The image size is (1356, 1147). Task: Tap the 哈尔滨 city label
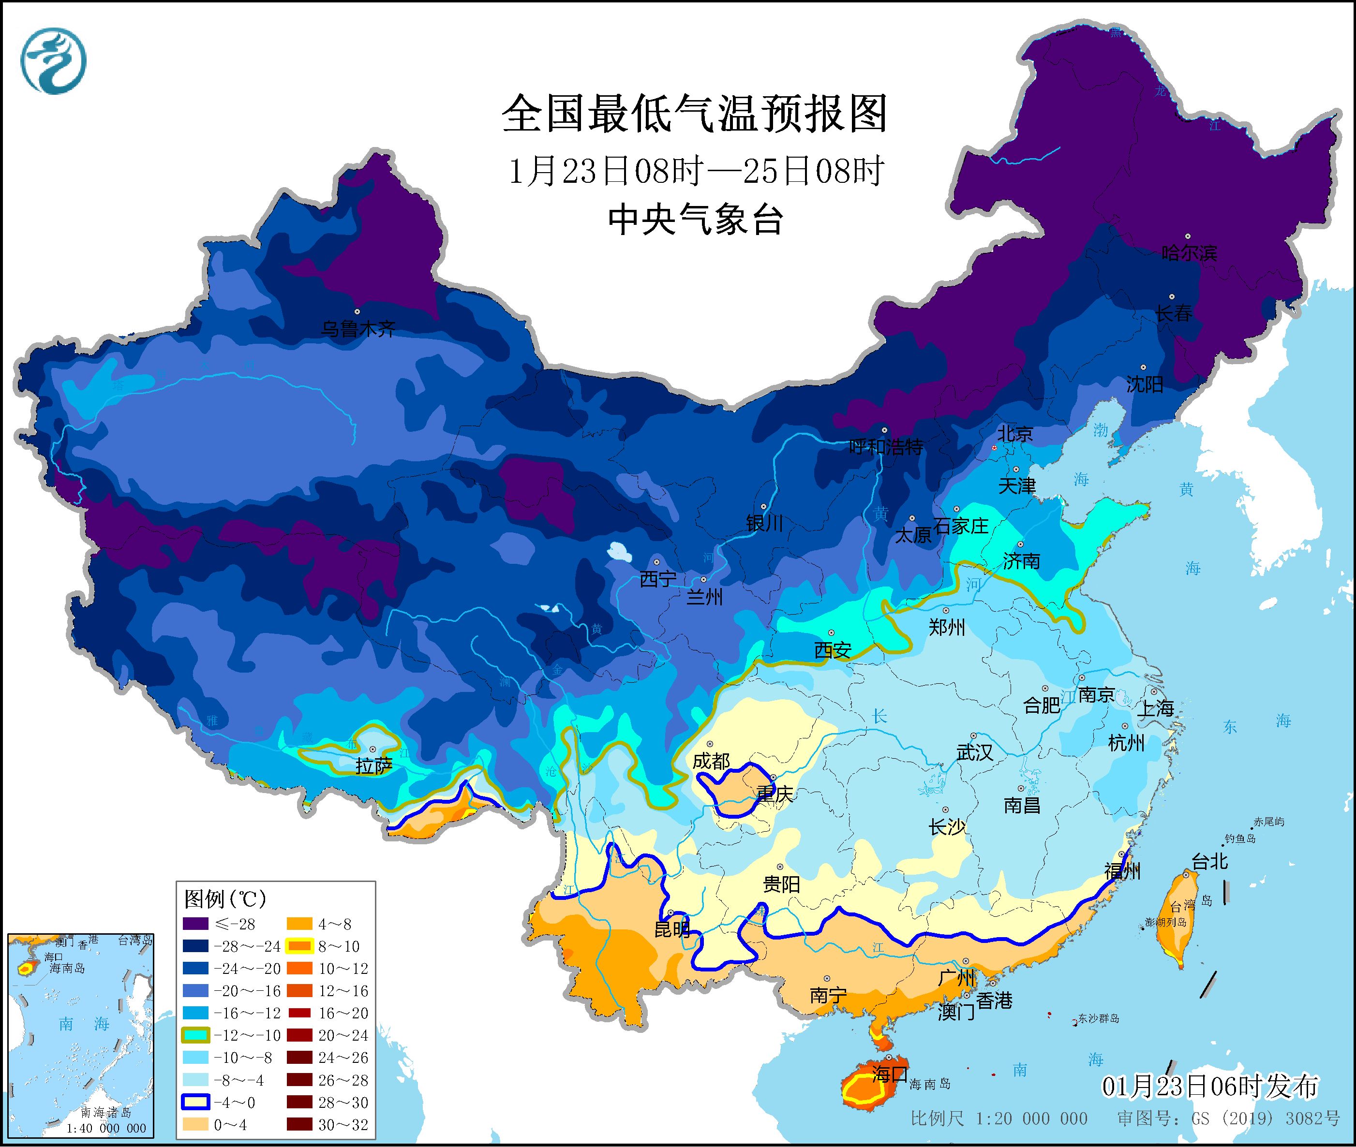click(x=1189, y=252)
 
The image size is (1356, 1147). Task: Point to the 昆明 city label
click(x=672, y=929)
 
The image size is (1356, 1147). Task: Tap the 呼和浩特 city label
click(x=886, y=447)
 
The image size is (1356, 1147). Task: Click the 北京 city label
click(x=1014, y=433)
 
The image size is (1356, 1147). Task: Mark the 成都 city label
click(x=711, y=761)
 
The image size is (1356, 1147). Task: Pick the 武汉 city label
click(x=974, y=752)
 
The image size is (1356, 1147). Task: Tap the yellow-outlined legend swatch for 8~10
click(x=300, y=946)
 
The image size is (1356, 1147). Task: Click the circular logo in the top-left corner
click(x=53, y=60)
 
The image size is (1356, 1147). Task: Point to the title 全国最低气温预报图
click(x=695, y=114)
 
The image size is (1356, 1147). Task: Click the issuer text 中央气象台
click(x=695, y=219)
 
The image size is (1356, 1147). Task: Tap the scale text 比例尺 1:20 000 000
click(x=998, y=1118)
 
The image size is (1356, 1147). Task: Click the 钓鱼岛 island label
click(x=1239, y=839)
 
